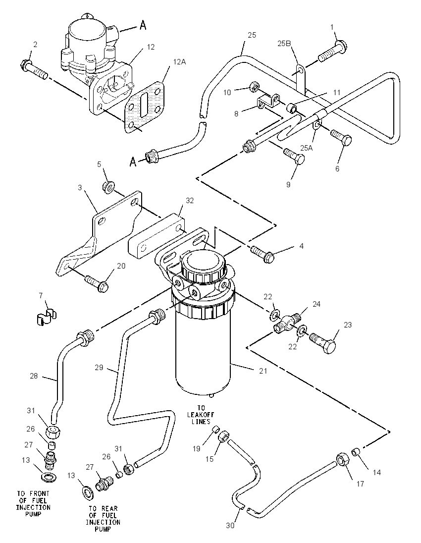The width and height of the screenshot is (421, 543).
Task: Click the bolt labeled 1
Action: click(332, 51)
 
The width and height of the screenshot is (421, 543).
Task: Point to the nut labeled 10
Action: click(254, 86)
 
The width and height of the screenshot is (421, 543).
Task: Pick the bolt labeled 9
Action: click(294, 156)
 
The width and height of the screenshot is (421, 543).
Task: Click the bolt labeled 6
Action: click(341, 137)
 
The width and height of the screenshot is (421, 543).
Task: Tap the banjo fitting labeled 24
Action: click(287, 322)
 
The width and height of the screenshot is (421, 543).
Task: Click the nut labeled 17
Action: click(343, 460)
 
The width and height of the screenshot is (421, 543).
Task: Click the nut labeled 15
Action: click(222, 436)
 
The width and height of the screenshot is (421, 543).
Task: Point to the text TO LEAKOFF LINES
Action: click(201, 415)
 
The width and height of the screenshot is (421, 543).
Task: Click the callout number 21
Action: click(263, 371)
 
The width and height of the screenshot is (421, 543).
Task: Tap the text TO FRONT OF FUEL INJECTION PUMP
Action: click(33, 504)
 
